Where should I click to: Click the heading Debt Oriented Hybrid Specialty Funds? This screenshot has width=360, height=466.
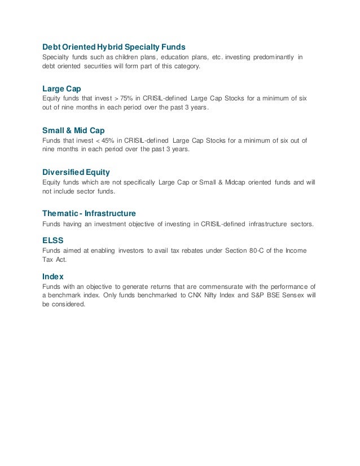point(114,46)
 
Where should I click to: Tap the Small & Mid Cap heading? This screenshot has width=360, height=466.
point(74,129)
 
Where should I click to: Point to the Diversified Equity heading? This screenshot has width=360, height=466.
point(76,172)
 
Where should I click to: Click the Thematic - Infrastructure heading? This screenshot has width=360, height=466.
point(89,213)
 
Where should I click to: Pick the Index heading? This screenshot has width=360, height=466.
point(53,276)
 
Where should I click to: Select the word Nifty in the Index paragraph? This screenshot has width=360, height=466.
point(210,296)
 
